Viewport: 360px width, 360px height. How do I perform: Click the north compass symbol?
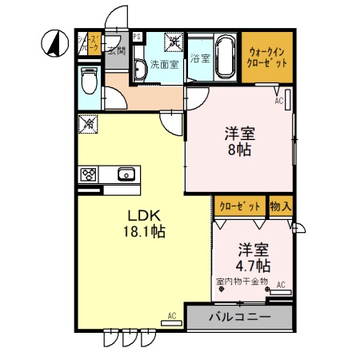point(54,44)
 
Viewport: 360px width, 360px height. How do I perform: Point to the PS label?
point(137,37)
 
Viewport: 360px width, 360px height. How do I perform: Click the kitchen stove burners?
point(89,174)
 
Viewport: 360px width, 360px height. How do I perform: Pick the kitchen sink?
point(126,174)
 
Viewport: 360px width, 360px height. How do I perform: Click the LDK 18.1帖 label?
point(145,223)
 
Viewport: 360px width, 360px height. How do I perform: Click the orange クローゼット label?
point(239,206)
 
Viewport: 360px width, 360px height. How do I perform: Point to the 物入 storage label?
point(280,206)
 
